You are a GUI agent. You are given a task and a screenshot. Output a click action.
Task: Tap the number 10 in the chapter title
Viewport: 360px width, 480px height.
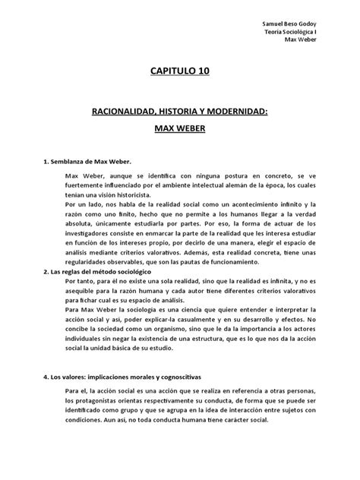pyautogui.click(x=201, y=72)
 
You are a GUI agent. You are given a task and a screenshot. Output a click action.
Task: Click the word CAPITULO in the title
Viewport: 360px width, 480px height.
pyautogui.click(x=169, y=72)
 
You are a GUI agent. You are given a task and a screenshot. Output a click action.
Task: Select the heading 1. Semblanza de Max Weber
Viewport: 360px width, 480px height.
pyautogui.click(x=87, y=162)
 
